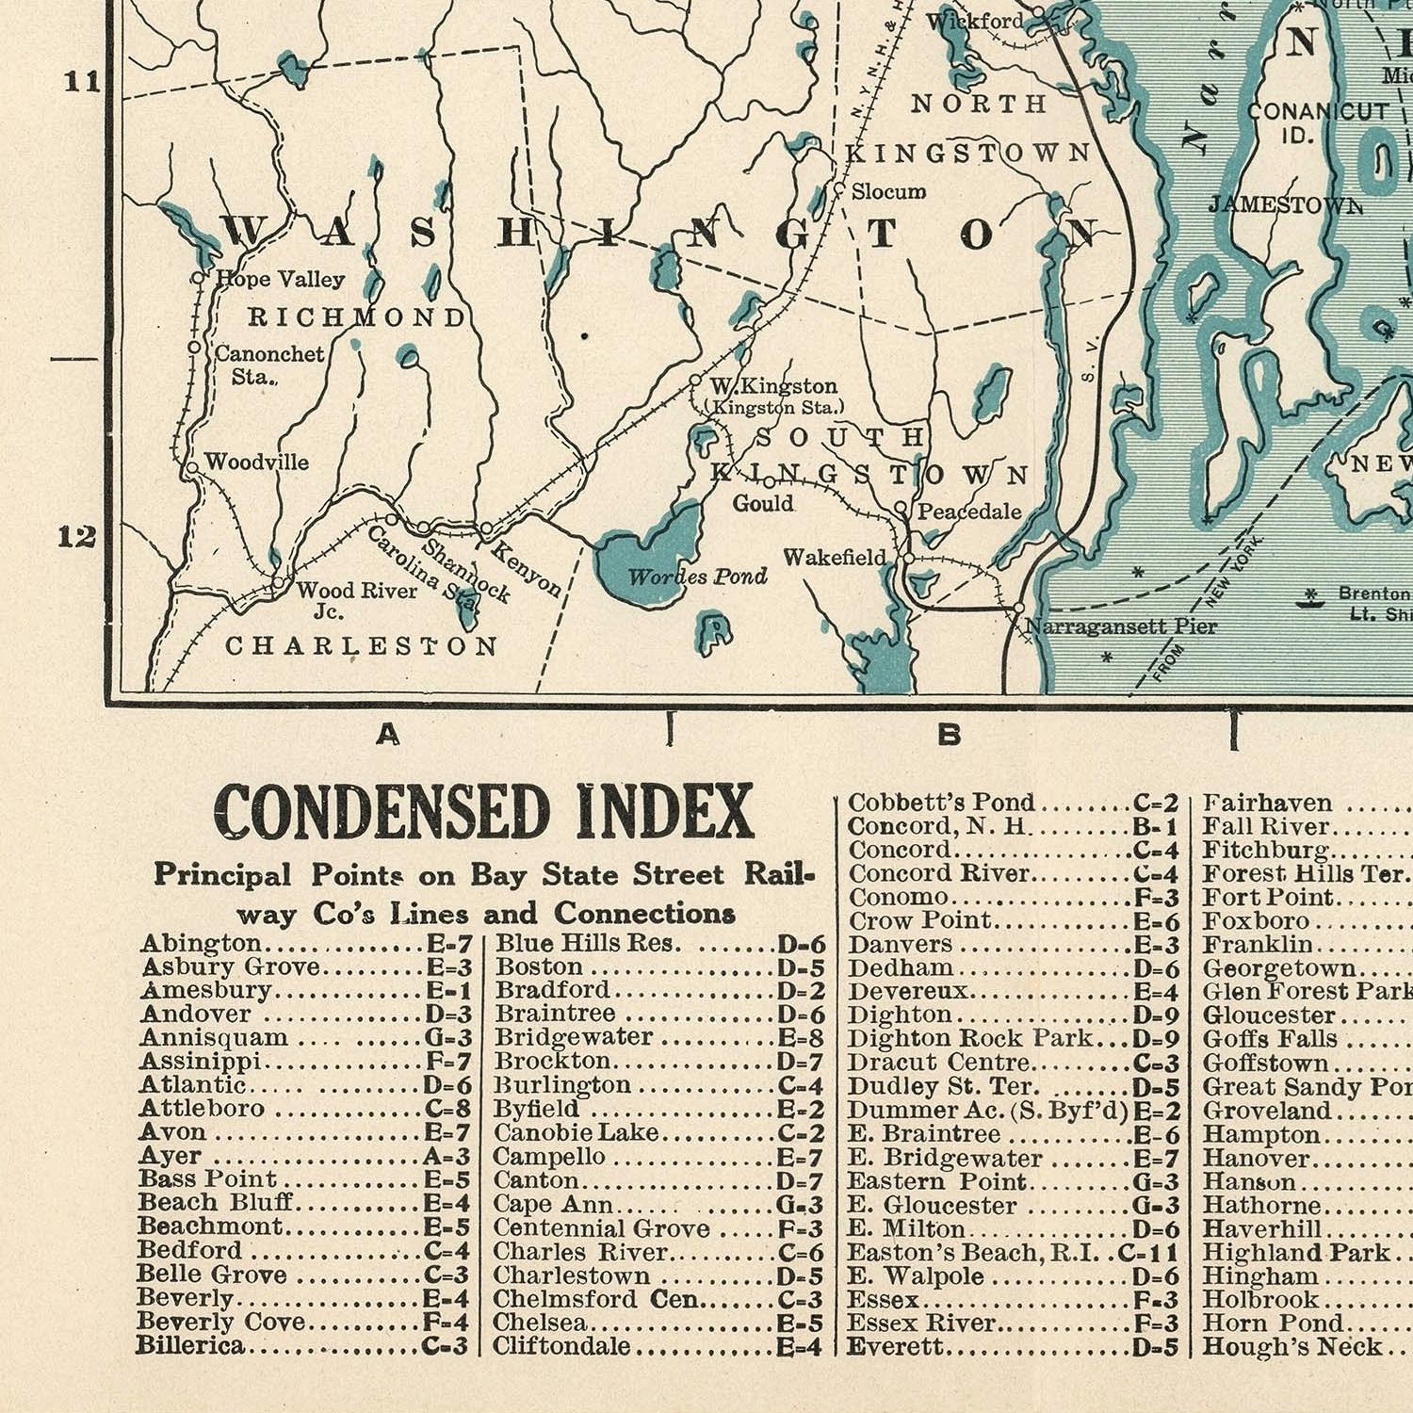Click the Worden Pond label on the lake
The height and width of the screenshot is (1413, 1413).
697,577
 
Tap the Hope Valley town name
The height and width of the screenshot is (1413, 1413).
281,279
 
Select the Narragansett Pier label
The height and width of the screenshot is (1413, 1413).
1121,626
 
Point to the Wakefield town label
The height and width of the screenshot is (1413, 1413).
835,558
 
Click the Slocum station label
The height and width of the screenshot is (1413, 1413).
888,192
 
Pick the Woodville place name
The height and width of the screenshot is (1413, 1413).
256,462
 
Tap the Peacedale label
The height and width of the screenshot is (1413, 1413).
969,512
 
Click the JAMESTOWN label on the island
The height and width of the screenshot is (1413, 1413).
1285,205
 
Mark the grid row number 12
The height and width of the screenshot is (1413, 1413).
76,537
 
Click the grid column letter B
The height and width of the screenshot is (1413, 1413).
950,735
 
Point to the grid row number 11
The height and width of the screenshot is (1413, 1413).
82,82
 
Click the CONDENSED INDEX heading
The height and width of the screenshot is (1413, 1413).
483,811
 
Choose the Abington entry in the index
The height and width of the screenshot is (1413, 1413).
201,944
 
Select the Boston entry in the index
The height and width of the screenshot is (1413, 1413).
539,967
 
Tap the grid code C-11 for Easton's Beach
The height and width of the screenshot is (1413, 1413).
1148,1254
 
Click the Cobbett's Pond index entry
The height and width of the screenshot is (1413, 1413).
941,803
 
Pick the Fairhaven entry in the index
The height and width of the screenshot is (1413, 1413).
1267,804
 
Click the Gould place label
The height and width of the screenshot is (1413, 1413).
762,504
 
